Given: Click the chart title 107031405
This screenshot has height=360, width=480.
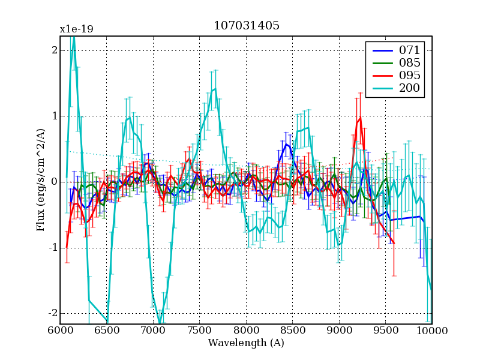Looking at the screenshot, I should point(246,26).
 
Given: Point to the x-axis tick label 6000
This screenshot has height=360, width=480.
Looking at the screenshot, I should point(60,331).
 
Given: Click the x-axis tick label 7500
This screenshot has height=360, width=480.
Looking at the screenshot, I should point(199,331).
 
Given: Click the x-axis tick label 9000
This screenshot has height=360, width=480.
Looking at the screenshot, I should point(339,331).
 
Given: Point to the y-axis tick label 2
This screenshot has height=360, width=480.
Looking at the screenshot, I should point(54,50).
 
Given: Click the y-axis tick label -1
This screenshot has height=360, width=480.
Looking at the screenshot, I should point(52,248).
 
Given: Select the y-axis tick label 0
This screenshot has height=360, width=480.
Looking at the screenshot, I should point(54,182).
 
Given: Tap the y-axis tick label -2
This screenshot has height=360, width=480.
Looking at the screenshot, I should point(52,313).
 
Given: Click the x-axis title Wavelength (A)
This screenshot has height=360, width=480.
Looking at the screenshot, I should point(246,343).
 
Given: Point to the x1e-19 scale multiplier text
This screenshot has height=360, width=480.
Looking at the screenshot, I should point(76,29).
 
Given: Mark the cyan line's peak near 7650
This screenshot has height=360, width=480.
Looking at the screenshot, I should point(215,89).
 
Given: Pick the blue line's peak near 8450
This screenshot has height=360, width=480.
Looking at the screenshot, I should point(286,143).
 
